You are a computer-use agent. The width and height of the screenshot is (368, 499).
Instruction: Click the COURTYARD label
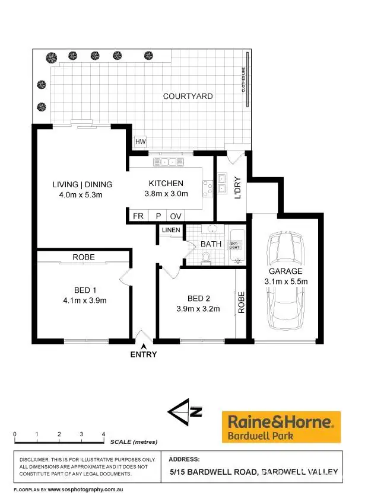[x=188, y=96]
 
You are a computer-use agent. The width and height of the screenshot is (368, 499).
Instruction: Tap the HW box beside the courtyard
[x=140, y=142]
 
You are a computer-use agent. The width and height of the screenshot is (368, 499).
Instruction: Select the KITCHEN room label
[x=166, y=183]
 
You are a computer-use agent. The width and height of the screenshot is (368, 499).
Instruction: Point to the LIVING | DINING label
[x=82, y=184]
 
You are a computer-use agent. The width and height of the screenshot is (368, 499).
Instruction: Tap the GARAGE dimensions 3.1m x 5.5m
[x=287, y=282]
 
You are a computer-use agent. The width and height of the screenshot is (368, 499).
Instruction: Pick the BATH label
[x=211, y=244]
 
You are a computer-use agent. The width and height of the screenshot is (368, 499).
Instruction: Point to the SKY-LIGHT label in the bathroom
[x=235, y=245]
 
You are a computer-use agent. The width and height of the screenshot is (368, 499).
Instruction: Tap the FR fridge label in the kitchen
[x=138, y=216]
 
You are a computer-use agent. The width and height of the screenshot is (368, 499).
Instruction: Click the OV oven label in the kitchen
[x=176, y=216]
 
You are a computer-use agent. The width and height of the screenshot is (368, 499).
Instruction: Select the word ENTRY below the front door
[x=144, y=354]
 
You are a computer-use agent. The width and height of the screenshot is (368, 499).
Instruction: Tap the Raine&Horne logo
[x=281, y=427]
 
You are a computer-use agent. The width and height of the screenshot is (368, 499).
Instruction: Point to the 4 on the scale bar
[x=103, y=434]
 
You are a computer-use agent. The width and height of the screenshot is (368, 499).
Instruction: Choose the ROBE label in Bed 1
[x=84, y=257]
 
